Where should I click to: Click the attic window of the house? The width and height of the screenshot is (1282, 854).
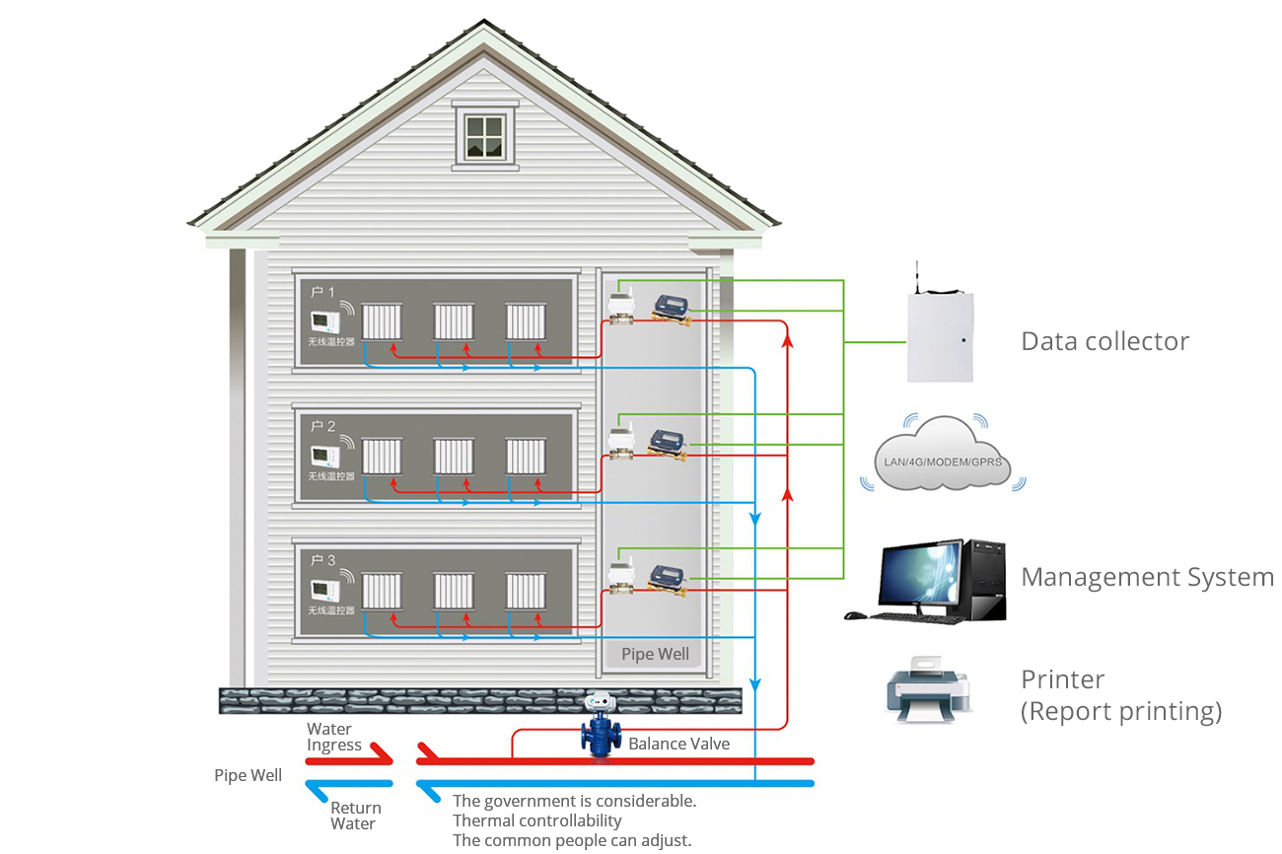484,136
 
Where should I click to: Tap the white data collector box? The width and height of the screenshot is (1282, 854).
940,336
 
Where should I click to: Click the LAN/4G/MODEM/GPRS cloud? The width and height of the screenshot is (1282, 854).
941,455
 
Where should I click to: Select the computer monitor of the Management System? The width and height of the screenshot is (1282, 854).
921,576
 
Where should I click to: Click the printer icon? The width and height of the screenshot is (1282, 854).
926,690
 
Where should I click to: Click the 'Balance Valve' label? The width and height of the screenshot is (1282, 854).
678,744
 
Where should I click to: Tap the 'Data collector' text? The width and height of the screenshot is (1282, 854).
1104,341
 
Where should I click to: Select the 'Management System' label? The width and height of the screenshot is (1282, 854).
1146,577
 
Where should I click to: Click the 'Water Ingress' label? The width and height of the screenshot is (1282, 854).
333,738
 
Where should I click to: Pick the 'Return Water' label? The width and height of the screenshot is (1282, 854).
355,816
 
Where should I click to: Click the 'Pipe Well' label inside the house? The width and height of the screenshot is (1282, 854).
655,654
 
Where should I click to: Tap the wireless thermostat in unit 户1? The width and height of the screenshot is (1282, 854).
324,321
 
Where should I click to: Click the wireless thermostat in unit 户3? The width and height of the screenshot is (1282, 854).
324,590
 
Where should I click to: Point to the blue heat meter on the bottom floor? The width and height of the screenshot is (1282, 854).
670,575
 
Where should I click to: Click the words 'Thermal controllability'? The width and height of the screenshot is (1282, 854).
536,820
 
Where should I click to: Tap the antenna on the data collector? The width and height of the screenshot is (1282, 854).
917,277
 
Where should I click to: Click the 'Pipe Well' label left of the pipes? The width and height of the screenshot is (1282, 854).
248,775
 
